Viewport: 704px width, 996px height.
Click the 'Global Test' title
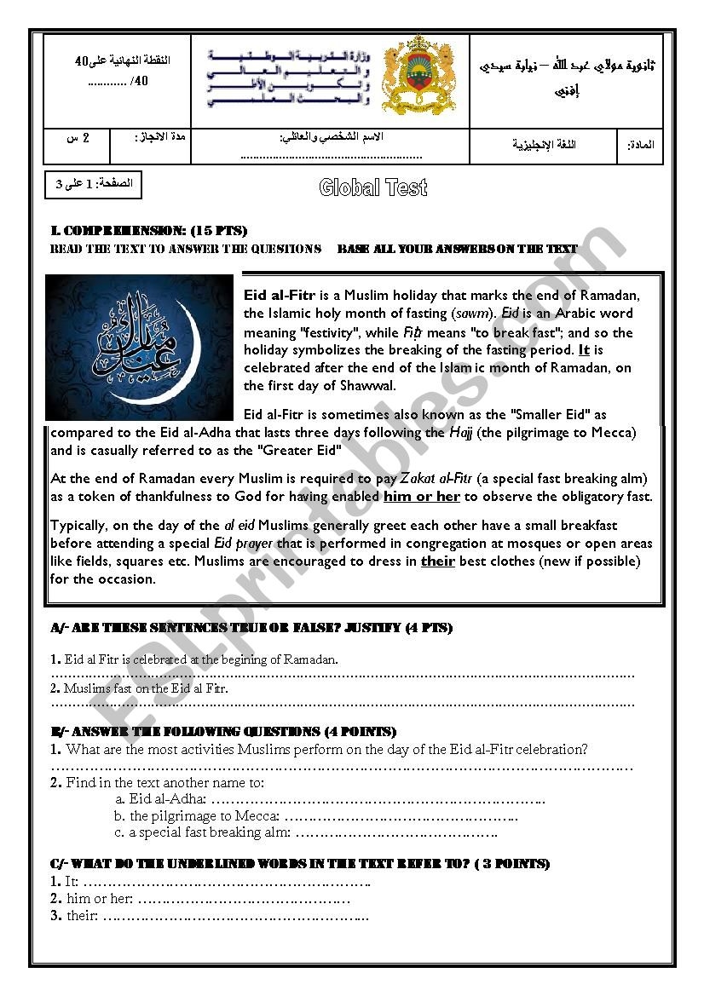372,188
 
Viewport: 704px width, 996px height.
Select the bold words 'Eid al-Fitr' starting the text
280,296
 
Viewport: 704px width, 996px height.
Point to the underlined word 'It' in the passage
584,350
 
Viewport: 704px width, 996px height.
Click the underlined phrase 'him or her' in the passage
422,497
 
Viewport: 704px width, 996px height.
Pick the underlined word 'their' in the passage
437,561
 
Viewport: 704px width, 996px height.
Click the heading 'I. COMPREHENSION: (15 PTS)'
149,231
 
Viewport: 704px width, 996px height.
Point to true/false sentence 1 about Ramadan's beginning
194,659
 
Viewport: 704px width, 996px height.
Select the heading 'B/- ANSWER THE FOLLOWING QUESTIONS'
223,732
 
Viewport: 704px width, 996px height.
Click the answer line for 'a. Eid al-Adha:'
377,799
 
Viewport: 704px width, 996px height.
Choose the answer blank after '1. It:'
227,882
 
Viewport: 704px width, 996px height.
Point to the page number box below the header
94,185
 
